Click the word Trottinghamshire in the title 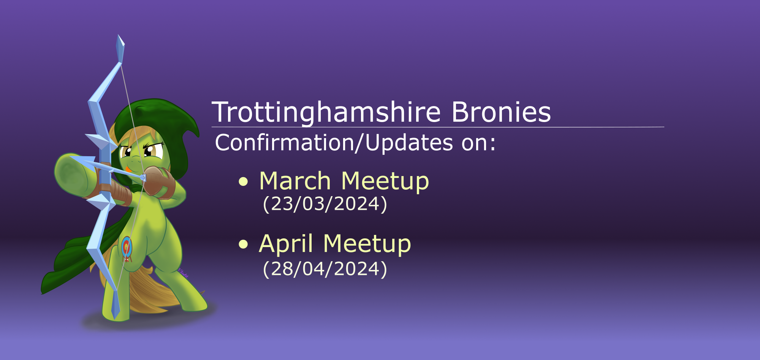[326, 113]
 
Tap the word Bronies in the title [501, 112]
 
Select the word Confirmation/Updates [334, 143]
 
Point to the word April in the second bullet [286, 244]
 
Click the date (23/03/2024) [325, 204]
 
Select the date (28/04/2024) [325, 269]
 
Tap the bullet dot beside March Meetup [243, 182]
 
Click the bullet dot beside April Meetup [243, 244]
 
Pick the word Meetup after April [367, 244]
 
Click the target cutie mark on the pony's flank [127, 248]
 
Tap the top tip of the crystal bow [118, 35]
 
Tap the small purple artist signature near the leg [183, 273]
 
